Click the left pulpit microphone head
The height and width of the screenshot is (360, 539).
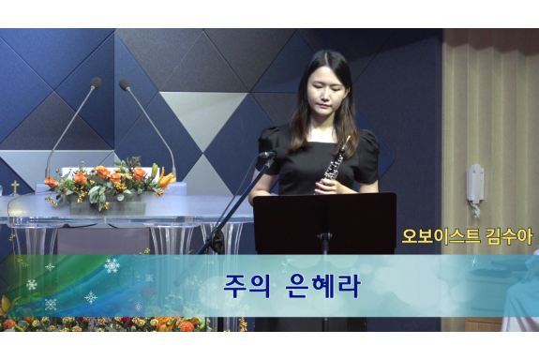tap(96, 82)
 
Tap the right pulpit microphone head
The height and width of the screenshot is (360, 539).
tap(125, 84)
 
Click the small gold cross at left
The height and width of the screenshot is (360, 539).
tap(15, 187)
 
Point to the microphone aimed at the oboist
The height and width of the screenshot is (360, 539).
tap(266, 156)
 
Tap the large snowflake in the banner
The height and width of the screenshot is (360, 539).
tap(112, 266)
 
